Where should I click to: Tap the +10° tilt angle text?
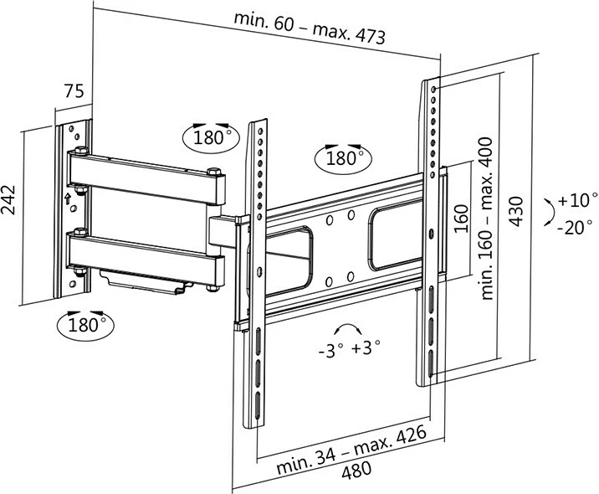point(577,201)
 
